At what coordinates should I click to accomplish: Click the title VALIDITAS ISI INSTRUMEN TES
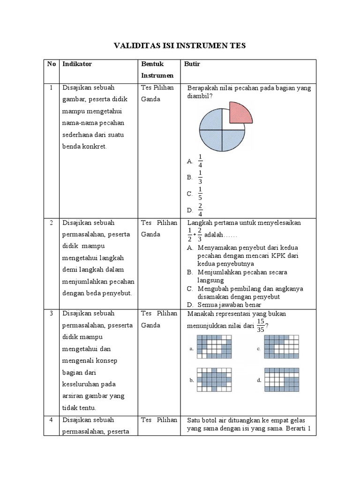click(x=180, y=45)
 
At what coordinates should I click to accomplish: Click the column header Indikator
click(x=77, y=64)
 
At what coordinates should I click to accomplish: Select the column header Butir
click(x=192, y=64)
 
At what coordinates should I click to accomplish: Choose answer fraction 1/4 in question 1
click(x=200, y=161)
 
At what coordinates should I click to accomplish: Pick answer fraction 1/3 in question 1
click(x=200, y=177)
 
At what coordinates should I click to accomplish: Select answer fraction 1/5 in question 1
click(x=200, y=194)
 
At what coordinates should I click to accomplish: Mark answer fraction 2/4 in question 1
click(x=200, y=210)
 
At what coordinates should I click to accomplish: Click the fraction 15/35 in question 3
click(x=261, y=324)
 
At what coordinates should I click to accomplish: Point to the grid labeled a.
click(x=214, y=349)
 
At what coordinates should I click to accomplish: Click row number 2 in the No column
click(x=51, y=223)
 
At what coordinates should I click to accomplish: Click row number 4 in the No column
click(x=51, y=420)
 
